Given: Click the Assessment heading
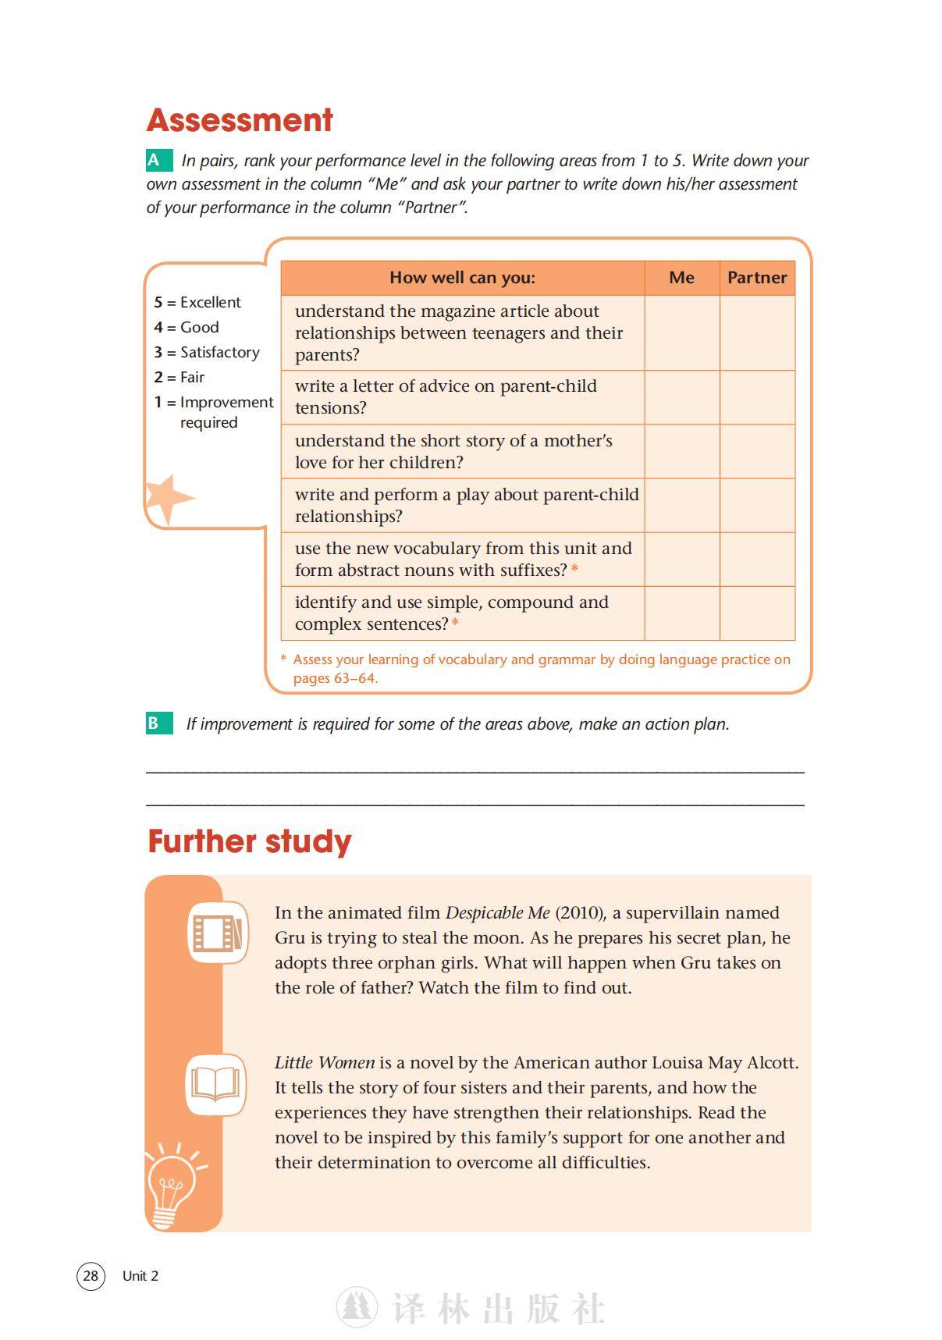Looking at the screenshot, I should (x=240, y=120).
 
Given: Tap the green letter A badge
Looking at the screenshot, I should (x=158, y=161).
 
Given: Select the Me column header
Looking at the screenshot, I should (x=681, y=278).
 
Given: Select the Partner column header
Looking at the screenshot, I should (x=757, y=278).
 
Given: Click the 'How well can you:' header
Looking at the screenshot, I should (x=462, y=278).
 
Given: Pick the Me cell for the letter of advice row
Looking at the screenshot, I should (x=681, y=397).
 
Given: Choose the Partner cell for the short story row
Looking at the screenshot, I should (x=757, y=451).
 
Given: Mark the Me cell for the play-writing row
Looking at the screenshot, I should (x=681, y=505).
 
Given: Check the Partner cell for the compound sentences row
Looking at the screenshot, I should (x=757, y=613).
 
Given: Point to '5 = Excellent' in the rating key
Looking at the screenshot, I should (x=197, y=302).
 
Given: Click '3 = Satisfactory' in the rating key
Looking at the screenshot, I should (x=207, y=352).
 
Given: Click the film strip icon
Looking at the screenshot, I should (x=218, y=932).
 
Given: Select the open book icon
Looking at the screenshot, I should (x=215, y=1084).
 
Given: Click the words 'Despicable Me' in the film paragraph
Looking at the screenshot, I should (x=497, y=913).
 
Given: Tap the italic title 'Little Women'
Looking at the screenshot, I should (x=325, y=1063).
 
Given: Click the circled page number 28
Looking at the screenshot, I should (x=91, y=1275).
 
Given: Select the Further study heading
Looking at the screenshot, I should (x=250, y=842).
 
